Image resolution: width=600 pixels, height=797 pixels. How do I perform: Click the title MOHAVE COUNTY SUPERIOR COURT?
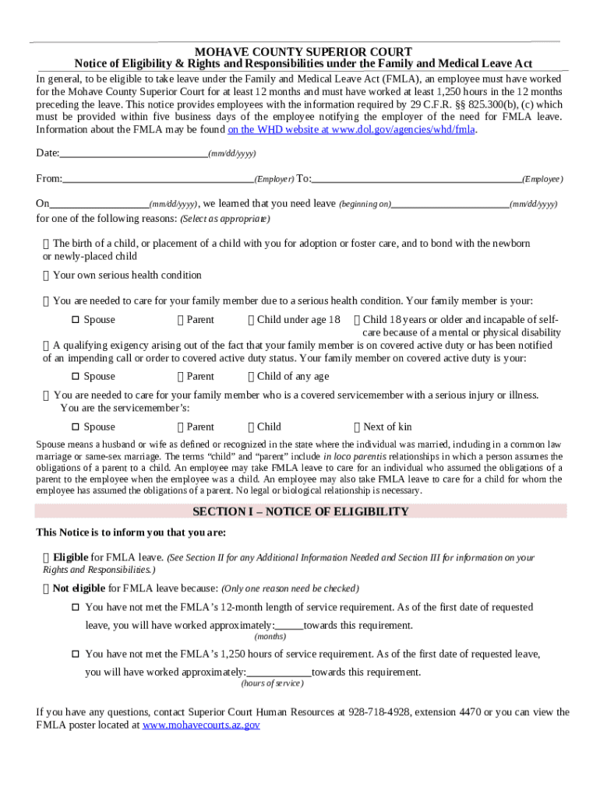pyautogui.click(x=303, y=51)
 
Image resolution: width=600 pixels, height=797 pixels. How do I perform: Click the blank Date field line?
pyautogui.click(x=133, y=153)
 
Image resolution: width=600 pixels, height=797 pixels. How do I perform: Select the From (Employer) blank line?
pyautogui.click(x=158, y=178)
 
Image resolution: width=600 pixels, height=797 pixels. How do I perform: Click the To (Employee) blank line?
pyautogui.click(x=416, y=178)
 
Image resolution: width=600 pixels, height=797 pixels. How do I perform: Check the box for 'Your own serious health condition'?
pyautogui.click(x=47, y=275)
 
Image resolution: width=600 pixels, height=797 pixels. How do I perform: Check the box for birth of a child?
pyautogui.click(x=47, y=244)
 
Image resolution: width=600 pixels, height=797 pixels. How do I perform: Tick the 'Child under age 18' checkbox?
pyautogui.click(x=251, y=319)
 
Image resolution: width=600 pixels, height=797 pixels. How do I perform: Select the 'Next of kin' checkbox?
pyautogui.click(x=357, y=427)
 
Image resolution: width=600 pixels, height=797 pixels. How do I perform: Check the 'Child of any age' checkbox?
pyautogui.click(x=251, y=376)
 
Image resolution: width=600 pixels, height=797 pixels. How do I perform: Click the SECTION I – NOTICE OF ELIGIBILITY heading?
pyautogui.click(x=301, y=511)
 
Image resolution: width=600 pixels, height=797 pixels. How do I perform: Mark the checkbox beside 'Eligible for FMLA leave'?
pyautogui.click(x=47, y=557)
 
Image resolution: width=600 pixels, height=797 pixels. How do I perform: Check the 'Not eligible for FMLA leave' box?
pyautogui.click(x=47, y=588)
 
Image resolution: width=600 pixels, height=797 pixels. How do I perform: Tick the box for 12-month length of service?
pyautogui.click(x=76, y=607)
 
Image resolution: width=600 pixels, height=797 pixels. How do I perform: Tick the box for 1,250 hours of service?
pyautogui.click(x=76, y=654)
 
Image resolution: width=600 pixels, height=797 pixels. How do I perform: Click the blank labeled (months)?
pyautogui.click(x=289, y=626)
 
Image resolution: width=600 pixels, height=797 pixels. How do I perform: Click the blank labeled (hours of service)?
pyautogui.click(x=279, y=672)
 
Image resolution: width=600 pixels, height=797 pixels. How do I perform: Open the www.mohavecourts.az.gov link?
pyautogui.click(x=201, y=725)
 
